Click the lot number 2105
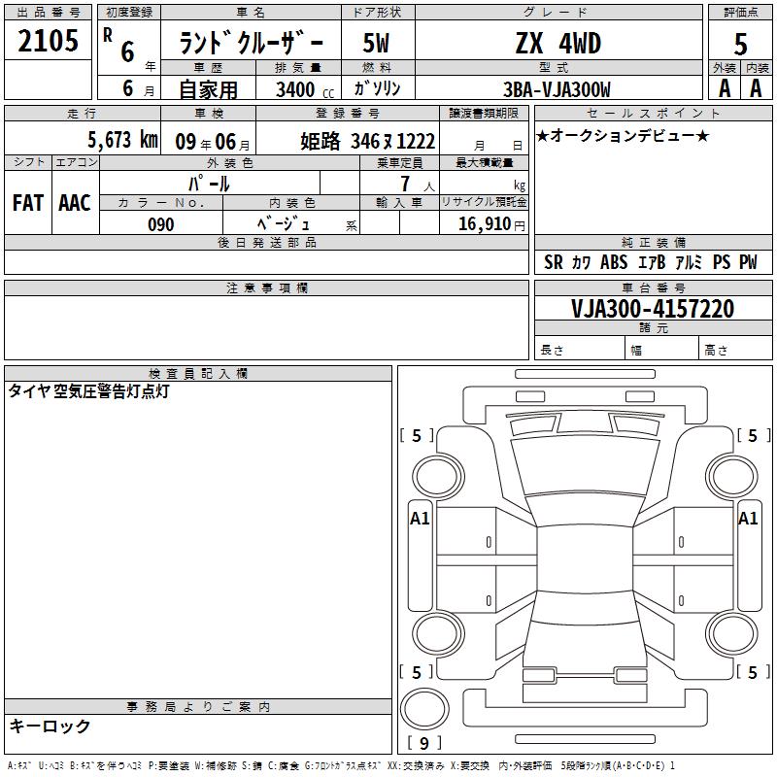point(48,41)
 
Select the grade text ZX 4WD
point(558,43)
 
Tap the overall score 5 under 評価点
point(740,45)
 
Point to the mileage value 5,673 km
point(123,140)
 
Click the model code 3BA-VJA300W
point(557,89)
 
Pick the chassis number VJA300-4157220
point(652,309)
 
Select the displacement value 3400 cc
point(305,89)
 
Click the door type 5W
point(376,43)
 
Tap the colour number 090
point(161,224)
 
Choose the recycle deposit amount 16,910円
point(491,224)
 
